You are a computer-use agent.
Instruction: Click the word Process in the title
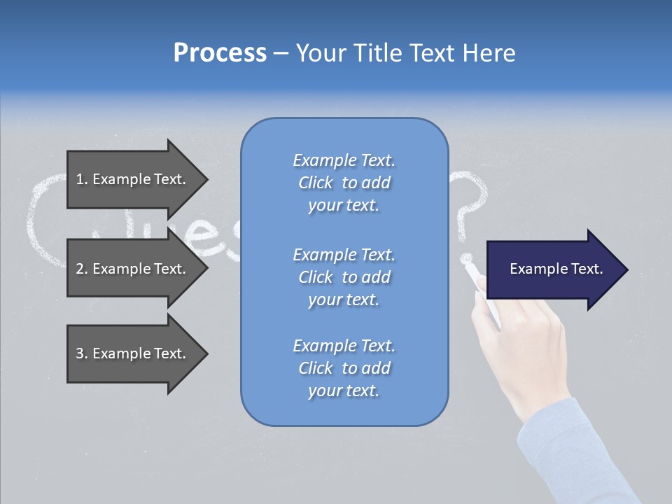pos(220,52)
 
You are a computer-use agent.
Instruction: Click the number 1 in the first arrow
pos(80,179)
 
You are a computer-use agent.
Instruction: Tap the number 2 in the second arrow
pos(80,269)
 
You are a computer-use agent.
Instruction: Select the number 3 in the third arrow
pos(80,353)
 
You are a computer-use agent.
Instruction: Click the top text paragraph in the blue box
pos(344,183)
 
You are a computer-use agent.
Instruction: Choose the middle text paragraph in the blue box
pos(344,277)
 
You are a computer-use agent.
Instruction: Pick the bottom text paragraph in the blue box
pos(344,368)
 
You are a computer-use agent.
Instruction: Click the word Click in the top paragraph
pos(315,183)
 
